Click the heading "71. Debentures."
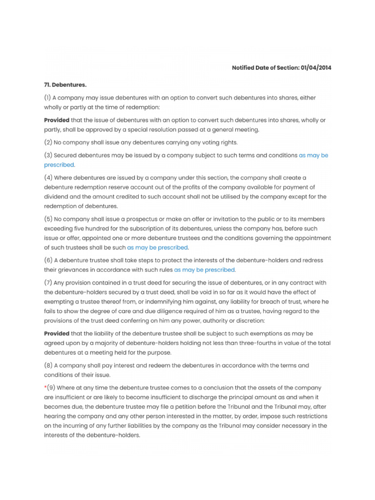[65, 84]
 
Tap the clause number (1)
[48, 98]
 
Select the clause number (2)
[48, 142]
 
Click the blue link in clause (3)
[313, 155]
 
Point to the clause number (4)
[48, 178]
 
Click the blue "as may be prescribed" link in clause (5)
[157, 247]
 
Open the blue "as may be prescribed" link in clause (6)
[204, 270]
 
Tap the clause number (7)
[48, 283]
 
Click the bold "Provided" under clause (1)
[57, 120]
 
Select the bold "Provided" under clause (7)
[57, 333]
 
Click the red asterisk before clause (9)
[45, 388]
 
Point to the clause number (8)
[48, 365]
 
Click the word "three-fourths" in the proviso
[269, 343]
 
